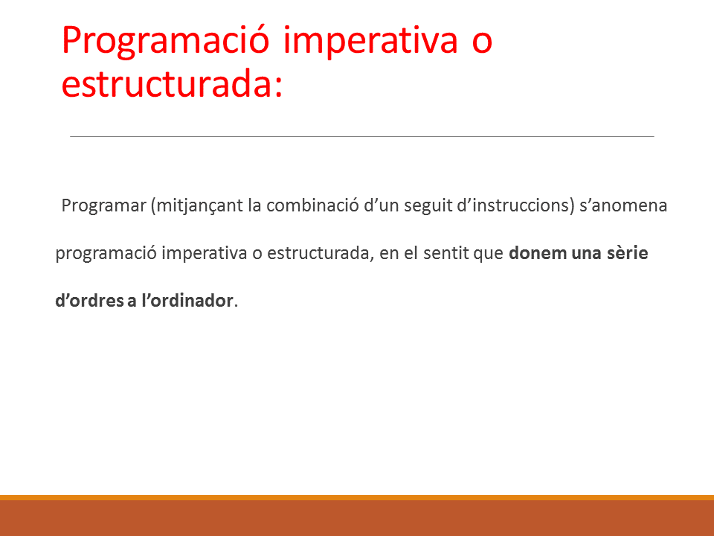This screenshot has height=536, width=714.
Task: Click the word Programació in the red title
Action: [166, 42]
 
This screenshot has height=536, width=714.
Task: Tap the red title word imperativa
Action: [370, 40]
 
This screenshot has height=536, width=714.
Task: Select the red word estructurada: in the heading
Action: [172, 83]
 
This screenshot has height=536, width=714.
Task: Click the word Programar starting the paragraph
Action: [104, 205]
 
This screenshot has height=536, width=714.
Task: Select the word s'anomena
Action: [623, 205]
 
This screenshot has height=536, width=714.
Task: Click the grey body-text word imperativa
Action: [205, 253]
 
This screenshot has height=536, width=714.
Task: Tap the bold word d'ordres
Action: [89, 300]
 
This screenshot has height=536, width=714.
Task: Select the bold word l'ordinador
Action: [187, 300]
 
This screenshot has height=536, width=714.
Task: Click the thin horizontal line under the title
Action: [362, 136]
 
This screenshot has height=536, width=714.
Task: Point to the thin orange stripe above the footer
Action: [357, 498]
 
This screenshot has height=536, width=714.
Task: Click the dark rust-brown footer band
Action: [357, 518]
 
